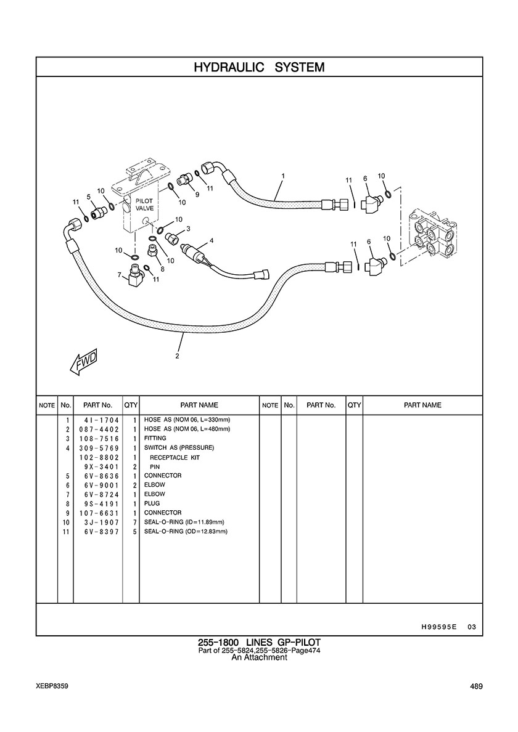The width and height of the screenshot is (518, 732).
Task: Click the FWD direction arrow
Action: click(84, 364)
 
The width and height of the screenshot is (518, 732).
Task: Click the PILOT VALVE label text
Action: click(144, 205)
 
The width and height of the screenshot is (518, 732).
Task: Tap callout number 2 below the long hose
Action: click(178, 356)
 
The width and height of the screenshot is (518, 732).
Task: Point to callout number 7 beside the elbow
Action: click(120, 274)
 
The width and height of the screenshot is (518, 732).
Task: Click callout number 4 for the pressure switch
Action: click(212, 241)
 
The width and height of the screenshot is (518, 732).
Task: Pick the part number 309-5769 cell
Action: click(99, 448)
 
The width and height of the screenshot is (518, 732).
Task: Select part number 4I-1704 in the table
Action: click(99, 420)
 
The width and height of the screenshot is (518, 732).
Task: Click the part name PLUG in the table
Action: click(152, 503)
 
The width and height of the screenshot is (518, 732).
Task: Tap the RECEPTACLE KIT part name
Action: click(175, 458)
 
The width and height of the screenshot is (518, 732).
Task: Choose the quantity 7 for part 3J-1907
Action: click(134, 522)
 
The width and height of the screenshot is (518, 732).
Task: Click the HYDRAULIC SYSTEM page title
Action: click(259, 67)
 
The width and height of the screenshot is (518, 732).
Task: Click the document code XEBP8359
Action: click(52, 686)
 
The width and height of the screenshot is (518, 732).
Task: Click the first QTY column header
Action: click(131, 405)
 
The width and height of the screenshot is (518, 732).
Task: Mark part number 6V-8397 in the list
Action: click(99, 531)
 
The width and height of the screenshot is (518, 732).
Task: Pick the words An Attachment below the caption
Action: click(259, 657)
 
